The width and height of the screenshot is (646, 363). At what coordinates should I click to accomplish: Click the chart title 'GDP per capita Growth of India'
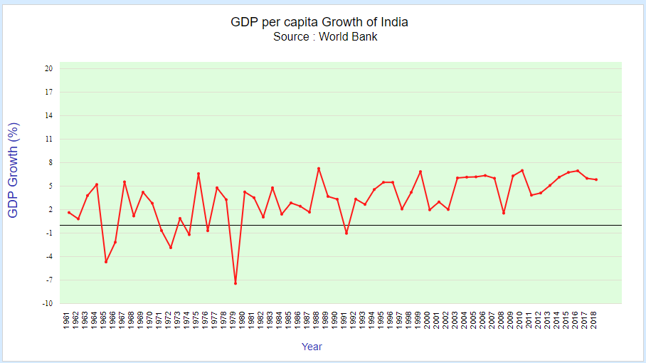click(319, 22)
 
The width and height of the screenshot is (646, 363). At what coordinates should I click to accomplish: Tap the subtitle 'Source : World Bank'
click(325, 37)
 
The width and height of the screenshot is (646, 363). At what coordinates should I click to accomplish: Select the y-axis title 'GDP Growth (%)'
click(14, 170)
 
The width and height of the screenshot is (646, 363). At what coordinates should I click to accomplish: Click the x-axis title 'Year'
click(312, 347)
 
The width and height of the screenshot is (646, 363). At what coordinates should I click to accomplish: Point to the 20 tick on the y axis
click(48, 69)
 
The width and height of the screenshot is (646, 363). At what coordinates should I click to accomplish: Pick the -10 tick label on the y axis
click(48, 303)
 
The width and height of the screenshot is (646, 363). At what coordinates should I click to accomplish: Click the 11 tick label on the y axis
click(49, 140)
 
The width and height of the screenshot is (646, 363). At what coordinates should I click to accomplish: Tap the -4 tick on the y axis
click(48, 256)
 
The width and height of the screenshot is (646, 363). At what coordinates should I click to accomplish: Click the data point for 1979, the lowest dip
click(235, 283)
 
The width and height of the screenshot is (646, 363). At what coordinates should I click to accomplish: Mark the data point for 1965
click(106, 262)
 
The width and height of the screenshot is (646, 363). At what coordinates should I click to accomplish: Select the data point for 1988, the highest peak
click(319, 169)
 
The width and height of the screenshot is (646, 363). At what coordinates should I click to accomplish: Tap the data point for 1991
click(346, 233)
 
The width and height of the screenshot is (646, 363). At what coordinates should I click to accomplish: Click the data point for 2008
click(504, 213)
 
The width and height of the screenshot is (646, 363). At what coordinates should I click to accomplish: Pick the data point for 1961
click(69, 212)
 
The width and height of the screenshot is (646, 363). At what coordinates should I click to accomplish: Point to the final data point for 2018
click(596, 179)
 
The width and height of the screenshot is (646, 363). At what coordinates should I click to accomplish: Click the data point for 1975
click(198, 174)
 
